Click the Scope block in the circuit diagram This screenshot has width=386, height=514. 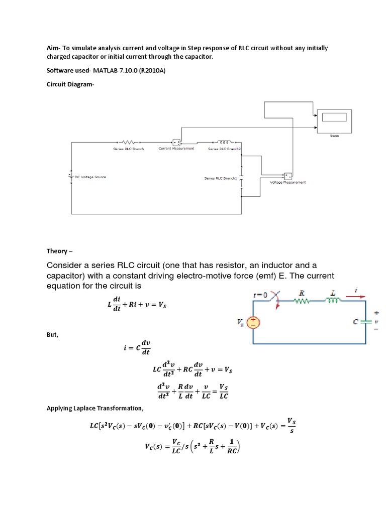(x=332, y=119)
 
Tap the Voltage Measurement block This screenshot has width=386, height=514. (x=288, y=176)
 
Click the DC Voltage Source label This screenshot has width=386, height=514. (x=90, y=177)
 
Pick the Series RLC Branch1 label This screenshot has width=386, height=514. (x=220, y=178)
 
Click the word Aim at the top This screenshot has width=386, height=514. (x=53, y=48)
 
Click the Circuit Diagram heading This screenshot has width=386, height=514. (x=70, y=84)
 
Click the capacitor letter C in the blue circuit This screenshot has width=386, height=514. (x=356, y=322)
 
